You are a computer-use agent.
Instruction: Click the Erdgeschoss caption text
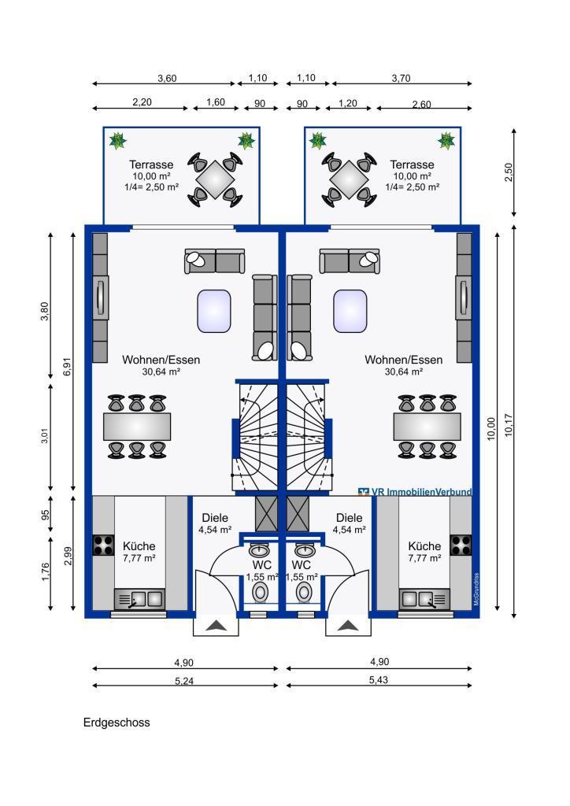(117, 723)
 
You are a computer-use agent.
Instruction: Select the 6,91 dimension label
(68, 366)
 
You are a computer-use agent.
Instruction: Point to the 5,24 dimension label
(184, 681)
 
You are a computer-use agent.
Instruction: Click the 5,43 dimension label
(378, 679)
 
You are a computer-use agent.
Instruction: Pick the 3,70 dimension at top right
(401, 78)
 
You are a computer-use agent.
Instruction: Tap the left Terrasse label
(151, 165)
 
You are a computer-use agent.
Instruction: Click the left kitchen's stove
(103, 545)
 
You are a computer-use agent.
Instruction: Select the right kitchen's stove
(461, 545)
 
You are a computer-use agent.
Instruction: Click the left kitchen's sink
(139, 599)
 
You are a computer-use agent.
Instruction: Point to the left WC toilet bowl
(261, 592)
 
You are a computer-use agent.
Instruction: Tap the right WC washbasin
(304, 550)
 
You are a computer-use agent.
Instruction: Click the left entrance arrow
(217, 625)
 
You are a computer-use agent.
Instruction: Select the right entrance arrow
(348, 625)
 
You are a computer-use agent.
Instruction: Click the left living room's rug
(214, 311)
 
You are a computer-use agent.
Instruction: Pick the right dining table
(427, 427)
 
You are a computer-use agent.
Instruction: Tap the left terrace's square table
(215, 179)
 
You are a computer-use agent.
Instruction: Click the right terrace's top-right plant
(446, 140)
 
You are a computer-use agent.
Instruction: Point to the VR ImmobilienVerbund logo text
(415, 492)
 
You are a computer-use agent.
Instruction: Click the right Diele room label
(349, 518)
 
